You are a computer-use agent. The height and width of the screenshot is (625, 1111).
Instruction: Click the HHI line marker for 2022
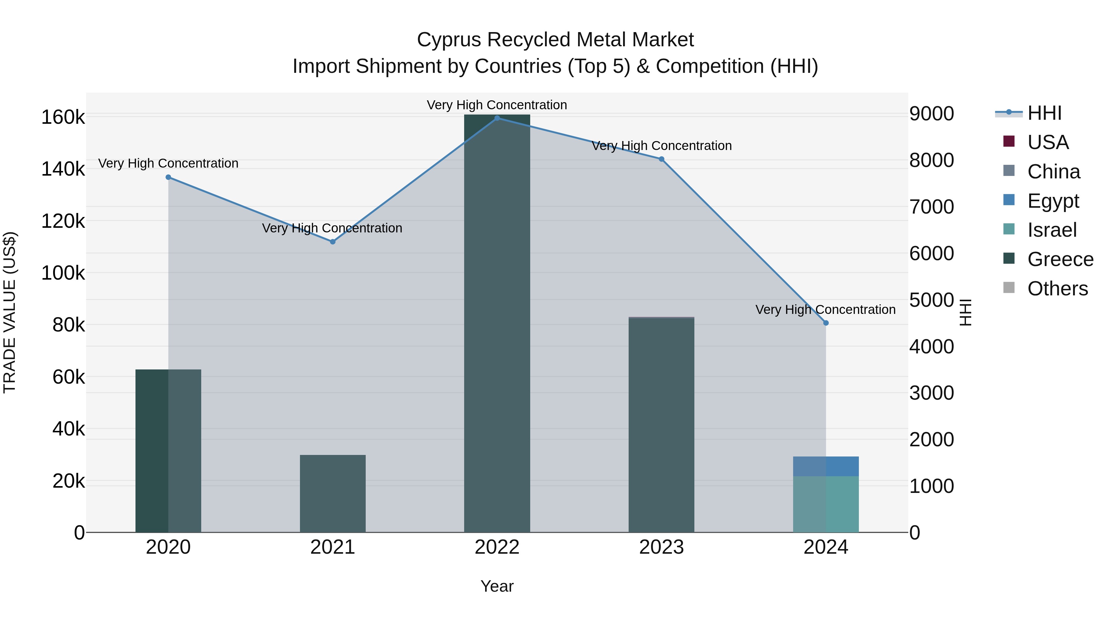497,118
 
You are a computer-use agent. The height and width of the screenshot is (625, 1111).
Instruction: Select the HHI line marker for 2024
826,323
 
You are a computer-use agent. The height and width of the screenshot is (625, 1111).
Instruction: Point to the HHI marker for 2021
332,242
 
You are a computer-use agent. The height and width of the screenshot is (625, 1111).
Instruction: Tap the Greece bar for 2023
661,425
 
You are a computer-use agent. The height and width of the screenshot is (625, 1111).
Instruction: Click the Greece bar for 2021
332,494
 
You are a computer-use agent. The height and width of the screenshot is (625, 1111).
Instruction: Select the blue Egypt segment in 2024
826,466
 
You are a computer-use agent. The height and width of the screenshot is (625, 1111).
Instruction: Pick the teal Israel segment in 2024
826,504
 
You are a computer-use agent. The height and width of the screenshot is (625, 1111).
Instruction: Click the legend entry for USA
1048,142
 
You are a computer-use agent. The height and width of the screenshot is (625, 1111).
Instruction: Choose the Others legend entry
1058,289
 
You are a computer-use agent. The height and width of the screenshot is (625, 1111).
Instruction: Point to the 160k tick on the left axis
63,117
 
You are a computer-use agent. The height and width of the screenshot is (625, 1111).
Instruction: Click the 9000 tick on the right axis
932,114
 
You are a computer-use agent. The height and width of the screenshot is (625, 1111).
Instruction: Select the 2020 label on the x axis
168,547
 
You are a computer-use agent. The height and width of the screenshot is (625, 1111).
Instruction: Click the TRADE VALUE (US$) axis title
10,312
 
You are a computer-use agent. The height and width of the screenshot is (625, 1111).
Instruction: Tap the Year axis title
497,586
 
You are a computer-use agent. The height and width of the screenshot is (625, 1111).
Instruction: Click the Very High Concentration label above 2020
168,164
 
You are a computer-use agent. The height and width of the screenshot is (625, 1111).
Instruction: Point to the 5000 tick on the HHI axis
932,300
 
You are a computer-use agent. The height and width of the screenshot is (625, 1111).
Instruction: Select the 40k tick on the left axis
69,429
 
